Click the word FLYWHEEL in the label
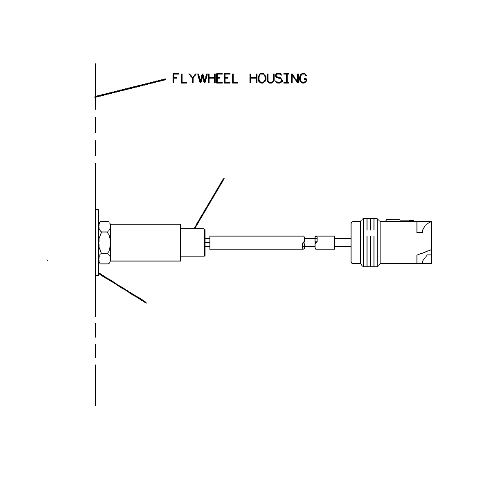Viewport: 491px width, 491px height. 205,78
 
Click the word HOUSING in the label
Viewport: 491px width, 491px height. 278,78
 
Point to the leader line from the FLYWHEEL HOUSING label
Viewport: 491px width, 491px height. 130,88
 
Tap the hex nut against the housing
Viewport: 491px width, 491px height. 104,242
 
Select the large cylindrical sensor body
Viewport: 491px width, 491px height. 146,243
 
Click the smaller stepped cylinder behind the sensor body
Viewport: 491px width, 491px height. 193,242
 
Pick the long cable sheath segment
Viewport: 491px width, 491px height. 257,243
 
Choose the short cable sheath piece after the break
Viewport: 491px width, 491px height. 325,243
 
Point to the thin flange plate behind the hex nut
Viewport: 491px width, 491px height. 97,242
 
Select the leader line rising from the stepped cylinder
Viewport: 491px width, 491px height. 209,204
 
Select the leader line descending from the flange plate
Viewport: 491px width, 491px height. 123,288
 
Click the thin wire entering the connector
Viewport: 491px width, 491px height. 343,243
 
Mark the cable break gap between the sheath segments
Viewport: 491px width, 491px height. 310,243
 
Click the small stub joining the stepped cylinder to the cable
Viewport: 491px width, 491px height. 207,243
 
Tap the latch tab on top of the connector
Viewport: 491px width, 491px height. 399,220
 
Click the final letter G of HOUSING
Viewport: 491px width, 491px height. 303,79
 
